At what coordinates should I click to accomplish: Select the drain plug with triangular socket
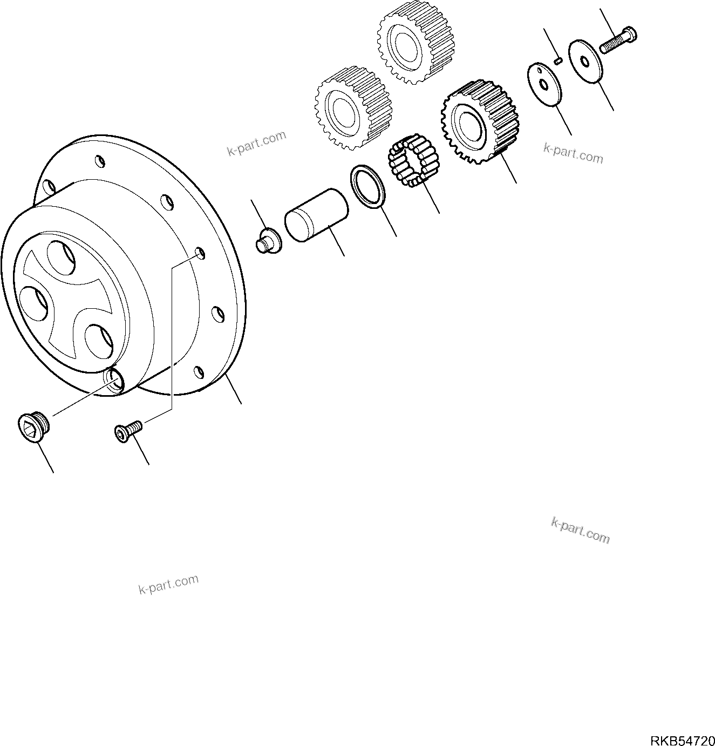(34, 428)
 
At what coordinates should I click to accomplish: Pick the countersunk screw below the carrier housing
(128, 431)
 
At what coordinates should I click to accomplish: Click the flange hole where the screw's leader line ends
(200, 252)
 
